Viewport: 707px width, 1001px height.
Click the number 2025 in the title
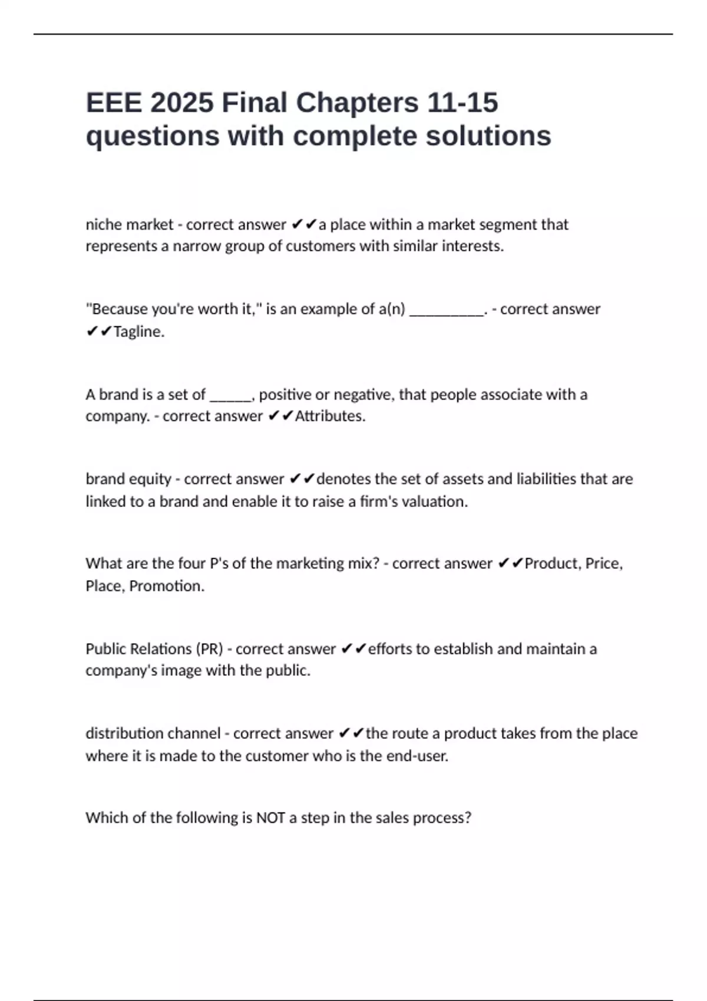181,102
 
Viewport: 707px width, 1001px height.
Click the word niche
104,224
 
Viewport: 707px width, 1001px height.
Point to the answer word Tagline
138,332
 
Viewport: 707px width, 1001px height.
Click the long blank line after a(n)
446,310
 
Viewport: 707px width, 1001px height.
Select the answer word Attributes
330,416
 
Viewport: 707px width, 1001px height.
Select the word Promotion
167,586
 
